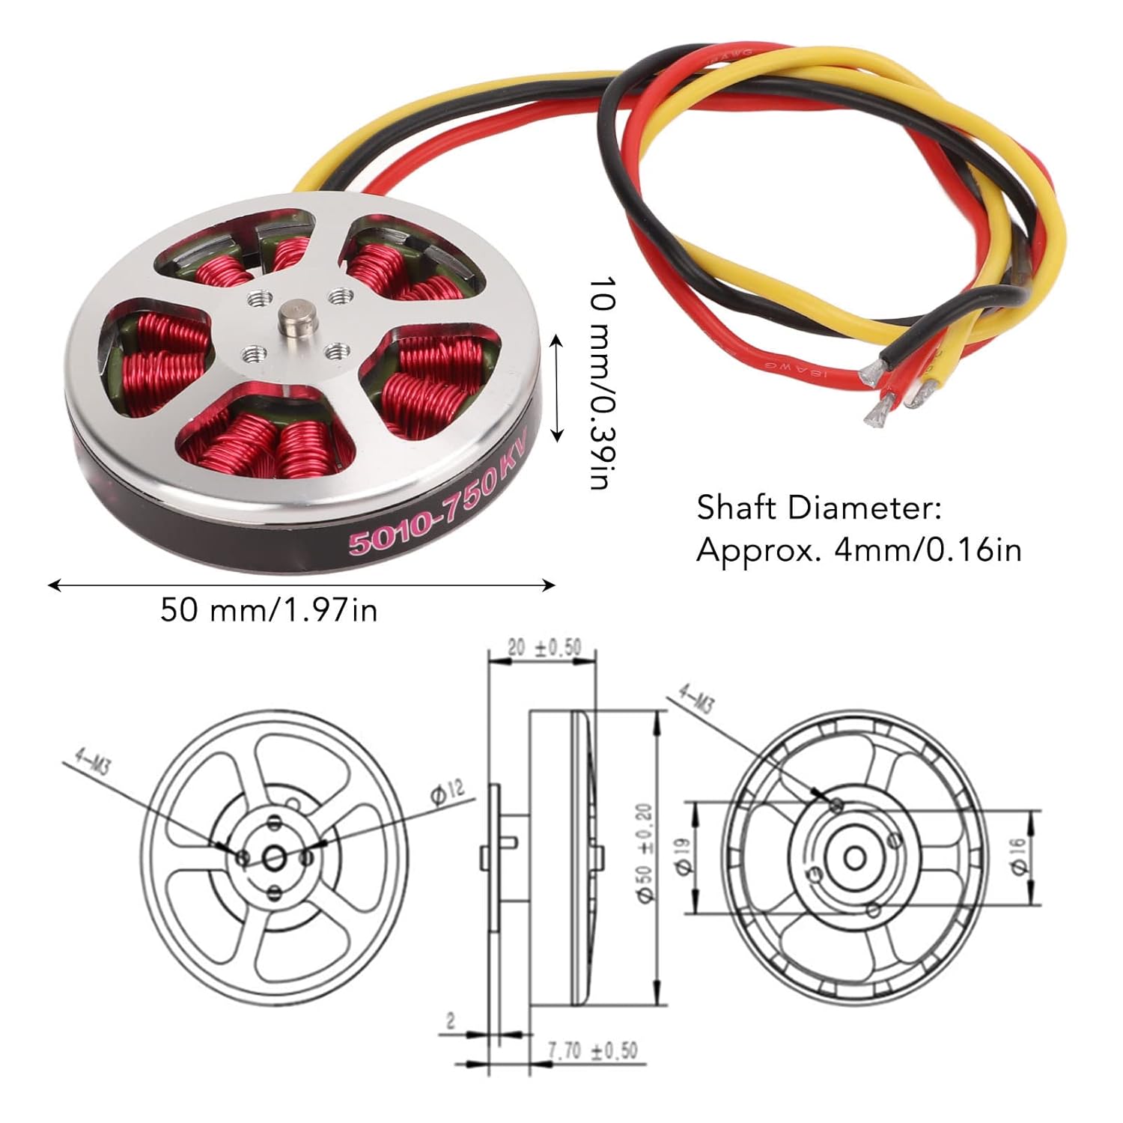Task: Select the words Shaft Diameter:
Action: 820,508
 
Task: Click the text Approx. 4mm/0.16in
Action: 859,550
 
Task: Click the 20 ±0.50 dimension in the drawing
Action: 544,648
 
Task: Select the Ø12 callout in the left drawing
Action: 447,792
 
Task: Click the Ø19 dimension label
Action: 683,856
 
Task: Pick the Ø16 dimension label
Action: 1017,856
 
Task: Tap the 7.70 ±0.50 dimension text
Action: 592,1050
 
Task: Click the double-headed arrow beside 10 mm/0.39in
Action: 556,389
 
